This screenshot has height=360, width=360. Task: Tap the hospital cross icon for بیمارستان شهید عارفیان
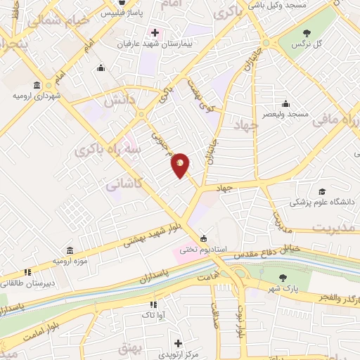click(155, 33)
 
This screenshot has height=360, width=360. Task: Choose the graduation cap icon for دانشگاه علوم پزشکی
click(323, 191)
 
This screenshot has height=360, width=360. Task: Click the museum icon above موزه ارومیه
click(70, 250)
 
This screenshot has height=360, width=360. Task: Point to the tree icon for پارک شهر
click(283, 278)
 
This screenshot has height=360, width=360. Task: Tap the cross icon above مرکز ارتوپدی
click(178, 342)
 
